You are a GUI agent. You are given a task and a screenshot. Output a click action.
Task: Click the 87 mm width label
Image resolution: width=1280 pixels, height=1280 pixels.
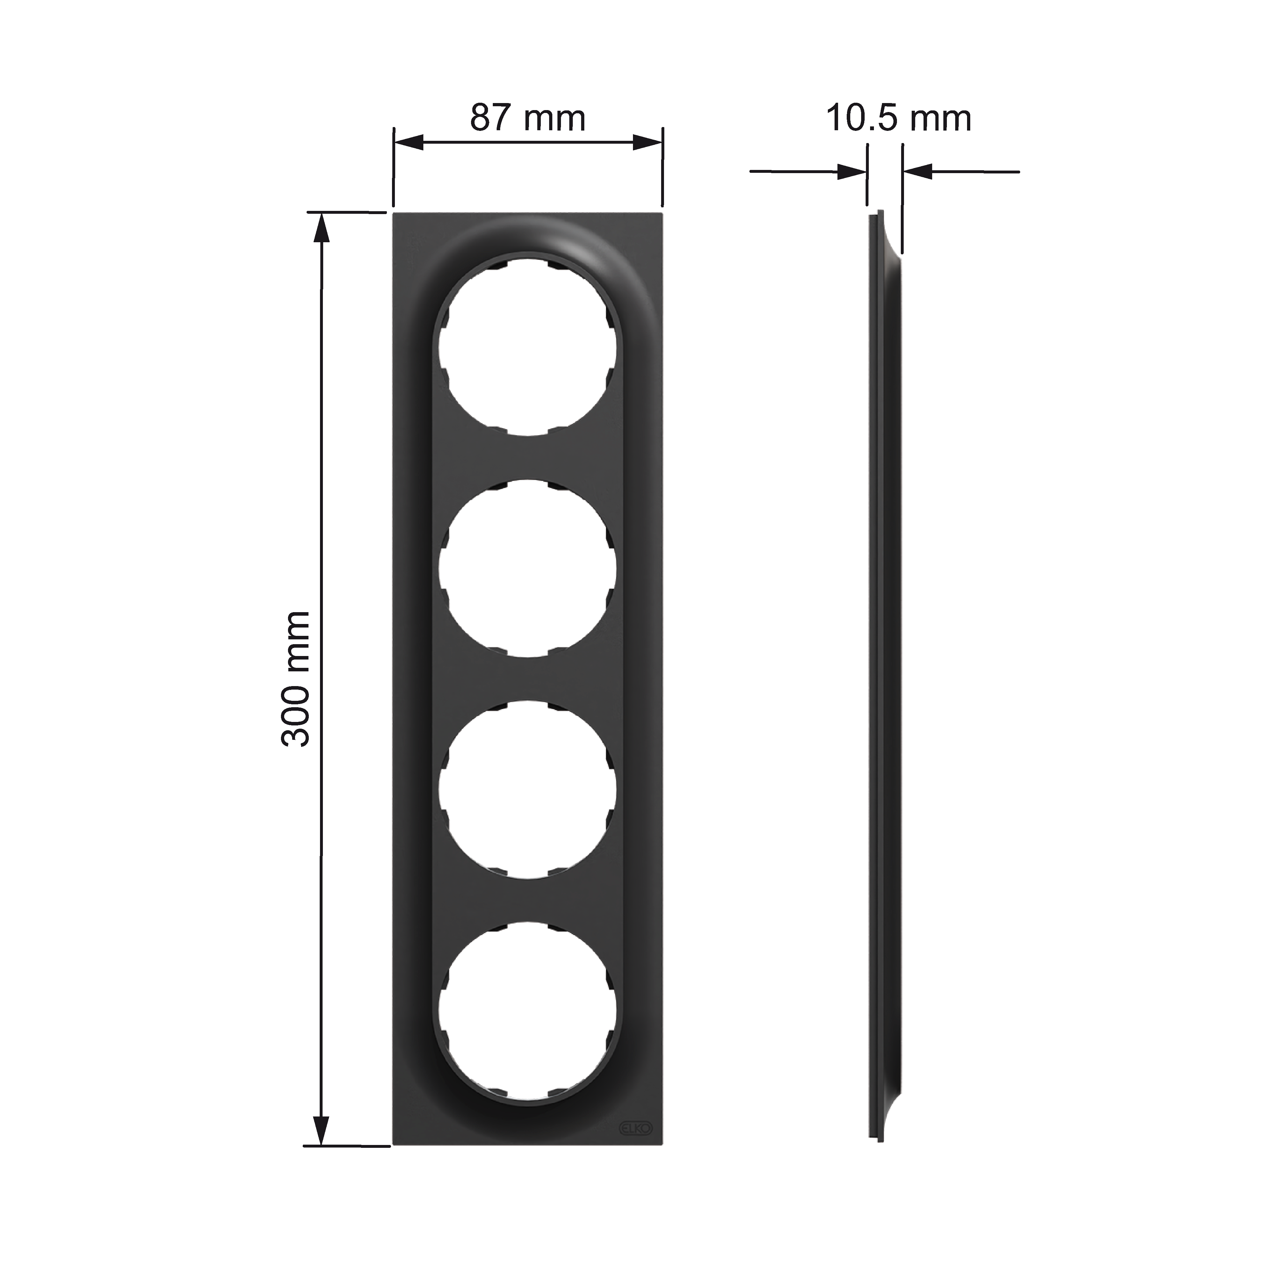pos(528,118)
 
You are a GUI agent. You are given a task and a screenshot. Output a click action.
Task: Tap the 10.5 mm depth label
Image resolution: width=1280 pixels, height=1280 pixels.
pos(898,118)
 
